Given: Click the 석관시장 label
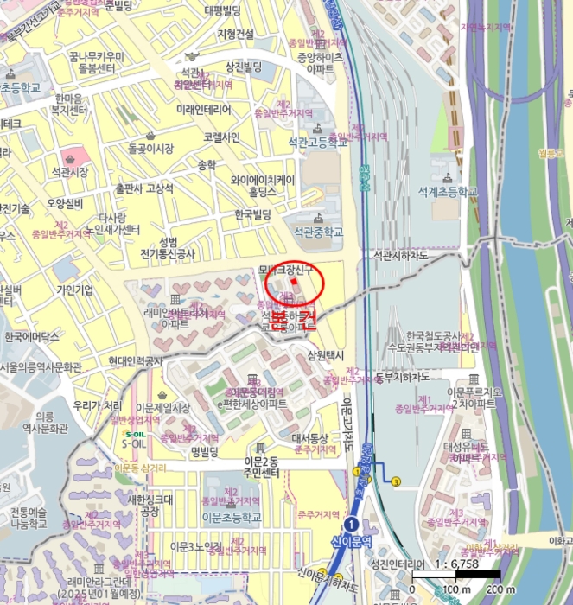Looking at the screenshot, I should click(70, 172).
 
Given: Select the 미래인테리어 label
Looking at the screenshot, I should click(204, 111).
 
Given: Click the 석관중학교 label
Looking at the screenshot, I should click(318, 232).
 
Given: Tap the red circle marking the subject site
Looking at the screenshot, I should click(292, 282).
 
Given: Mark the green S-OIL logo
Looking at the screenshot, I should click(135, 435).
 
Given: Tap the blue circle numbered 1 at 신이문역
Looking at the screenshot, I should click(351, 525).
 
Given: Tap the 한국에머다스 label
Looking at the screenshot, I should click(31, 336).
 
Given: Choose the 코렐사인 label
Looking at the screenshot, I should click(221, 137).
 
